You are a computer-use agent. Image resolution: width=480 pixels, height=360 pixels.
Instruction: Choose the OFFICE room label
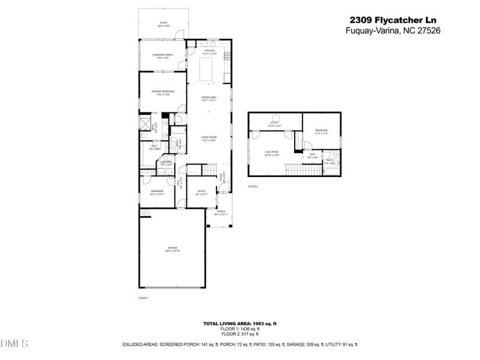202,193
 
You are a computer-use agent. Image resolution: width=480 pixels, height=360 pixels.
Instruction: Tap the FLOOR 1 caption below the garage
143,298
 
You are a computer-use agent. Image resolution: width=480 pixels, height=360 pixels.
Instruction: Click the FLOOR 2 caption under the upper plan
253,187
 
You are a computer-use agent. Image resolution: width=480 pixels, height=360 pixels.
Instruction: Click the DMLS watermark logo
14,344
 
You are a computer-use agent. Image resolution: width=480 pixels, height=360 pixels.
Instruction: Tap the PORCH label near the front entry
221,212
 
